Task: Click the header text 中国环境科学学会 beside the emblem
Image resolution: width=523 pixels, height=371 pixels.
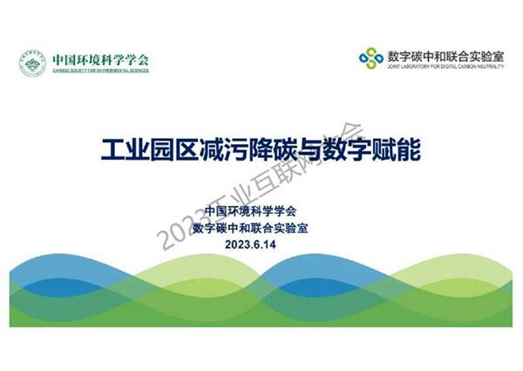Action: point(100,59)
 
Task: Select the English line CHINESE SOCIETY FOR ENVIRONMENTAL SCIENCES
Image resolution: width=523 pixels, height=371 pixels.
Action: point(100,71)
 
